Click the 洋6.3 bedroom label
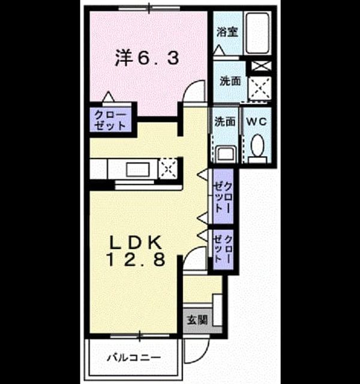click(147, 58)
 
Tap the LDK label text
click(136, 242)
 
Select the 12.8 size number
click(136, 259)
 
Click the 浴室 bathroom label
click(227, 32)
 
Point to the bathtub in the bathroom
click(257, 33)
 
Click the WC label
click(256, 121)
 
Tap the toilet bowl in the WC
click(257, 146)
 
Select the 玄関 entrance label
click(197, 320)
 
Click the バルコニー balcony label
click(134, 358)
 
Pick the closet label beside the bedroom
click(110, 120)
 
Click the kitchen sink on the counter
click(138, 169)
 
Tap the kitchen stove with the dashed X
click(168, 169)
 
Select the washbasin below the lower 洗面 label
click(226, 154)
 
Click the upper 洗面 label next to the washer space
click(230, 81)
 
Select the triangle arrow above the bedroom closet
click(108, 97)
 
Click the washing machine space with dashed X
click(260, 88)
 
